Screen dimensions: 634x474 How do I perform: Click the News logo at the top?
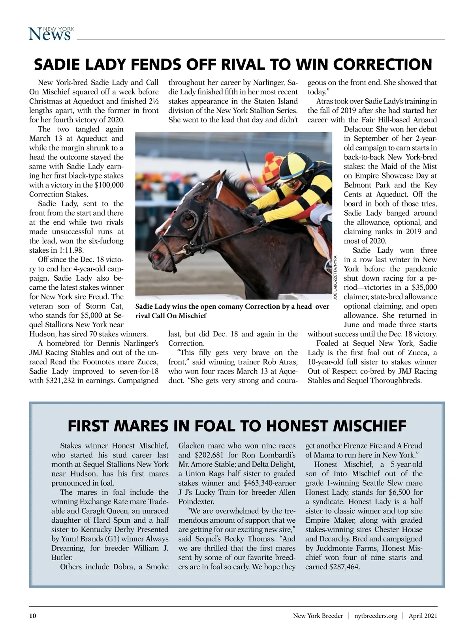click(x=51, y=34)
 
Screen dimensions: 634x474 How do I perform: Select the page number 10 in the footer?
click(x=33, y=616)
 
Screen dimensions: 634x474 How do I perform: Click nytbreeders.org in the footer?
click(x=376, y=616)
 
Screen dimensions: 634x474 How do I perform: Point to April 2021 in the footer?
click(x=423, y=616)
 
